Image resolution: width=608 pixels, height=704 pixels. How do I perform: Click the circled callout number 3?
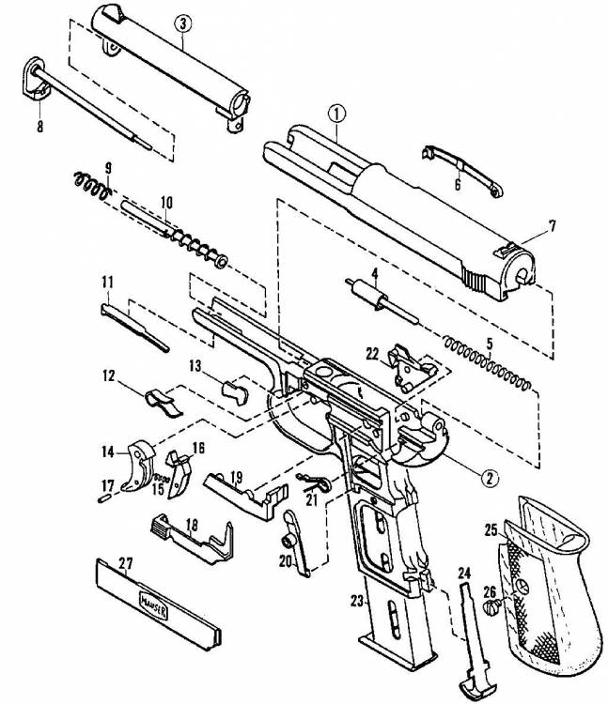[x=182, y=23]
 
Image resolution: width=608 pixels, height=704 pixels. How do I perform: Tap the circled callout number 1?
[x=337, y=114]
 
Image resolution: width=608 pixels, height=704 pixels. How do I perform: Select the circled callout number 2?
[x=490, y=478]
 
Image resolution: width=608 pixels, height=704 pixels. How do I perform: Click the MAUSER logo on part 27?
[x=154, y=606]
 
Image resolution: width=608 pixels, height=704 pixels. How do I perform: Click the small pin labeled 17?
[x=103, y=497]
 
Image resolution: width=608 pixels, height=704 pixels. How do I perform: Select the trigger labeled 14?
[x=138, y=466]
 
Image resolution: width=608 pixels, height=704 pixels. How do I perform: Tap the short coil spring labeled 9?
[x=92, y=185]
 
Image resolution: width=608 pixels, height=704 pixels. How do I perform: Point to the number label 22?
[x=372, y=354]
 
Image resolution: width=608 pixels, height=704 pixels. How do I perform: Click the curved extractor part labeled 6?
[x=462, y=170]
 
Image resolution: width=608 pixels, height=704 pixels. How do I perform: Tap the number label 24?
[x=464, y=573]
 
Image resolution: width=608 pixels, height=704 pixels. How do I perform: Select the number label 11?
[x=107, y=283]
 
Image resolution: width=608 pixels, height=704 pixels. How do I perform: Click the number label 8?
[x=40, y=127]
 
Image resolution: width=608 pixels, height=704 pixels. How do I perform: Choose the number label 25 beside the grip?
[x=491, y=530]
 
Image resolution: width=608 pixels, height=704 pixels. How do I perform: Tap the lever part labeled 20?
[x=297, y=544]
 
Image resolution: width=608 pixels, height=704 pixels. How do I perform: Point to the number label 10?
[x=166, y=203]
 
